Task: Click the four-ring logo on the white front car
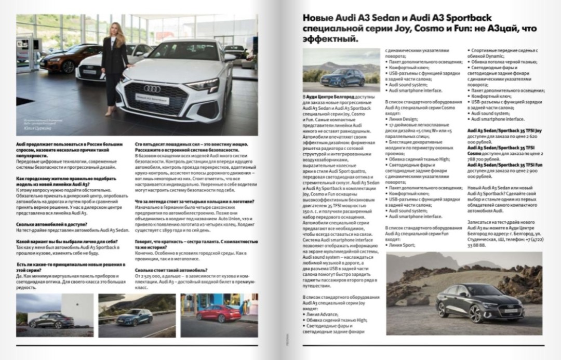point(152,88)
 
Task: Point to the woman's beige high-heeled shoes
point(110,111)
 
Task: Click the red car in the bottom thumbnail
point(219,314)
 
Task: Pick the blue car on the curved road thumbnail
point(135,317)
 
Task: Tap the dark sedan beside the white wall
point(52,321)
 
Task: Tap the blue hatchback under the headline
point(342,77)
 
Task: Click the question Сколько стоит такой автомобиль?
point(171,270)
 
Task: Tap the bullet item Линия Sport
point(402,245)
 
